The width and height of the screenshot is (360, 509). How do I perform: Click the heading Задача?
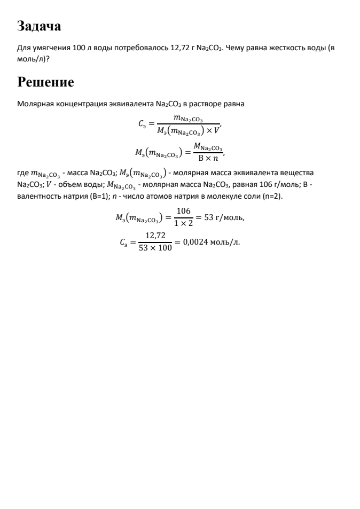tap(39, 25)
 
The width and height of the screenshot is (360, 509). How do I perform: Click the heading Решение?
tap(45, 82)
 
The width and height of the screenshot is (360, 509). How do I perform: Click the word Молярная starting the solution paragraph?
tap(34, 104)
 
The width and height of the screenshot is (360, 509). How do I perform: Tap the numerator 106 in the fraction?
tap(183, 211)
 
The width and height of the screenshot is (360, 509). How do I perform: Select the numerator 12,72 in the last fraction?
tap(155, 236)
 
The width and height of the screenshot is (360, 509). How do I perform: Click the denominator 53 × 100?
tap(155, 249)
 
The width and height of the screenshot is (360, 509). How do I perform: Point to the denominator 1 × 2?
tap(183, 224)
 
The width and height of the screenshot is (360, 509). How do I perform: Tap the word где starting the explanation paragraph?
tap(23, 173)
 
